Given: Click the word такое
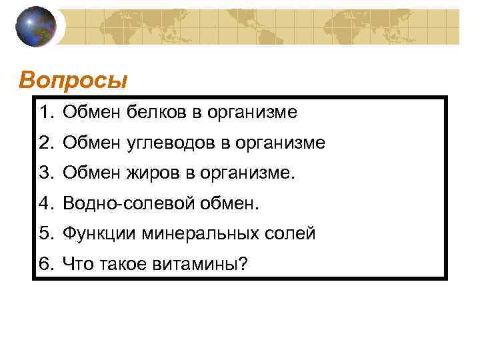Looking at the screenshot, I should coord(122,265).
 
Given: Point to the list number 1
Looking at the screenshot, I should coord(44,113).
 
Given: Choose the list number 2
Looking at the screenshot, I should coord(44,143).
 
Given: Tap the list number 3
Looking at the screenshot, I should coord(44,173).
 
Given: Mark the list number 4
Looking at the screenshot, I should coord(44,203).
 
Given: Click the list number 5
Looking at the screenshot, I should coord(44,234).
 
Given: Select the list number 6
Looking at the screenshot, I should coord(44,265).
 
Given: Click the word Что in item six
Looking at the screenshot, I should coord(77,265).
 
